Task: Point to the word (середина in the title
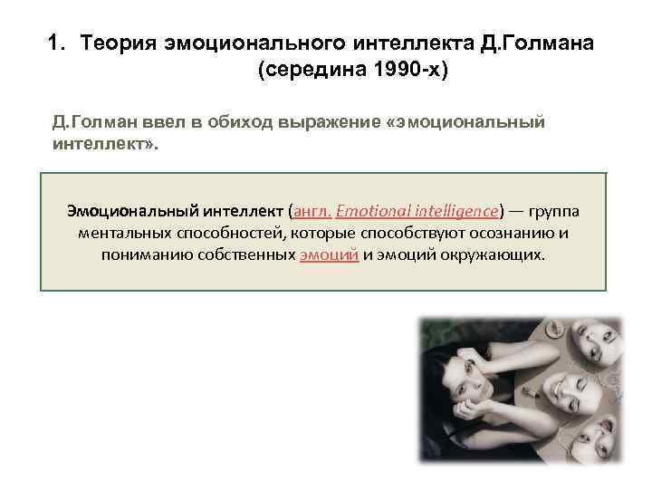[x=303, y=72]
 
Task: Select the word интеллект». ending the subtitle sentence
[x=105, y=144]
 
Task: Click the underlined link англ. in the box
[x=312, y=211]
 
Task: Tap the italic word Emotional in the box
[x=378, y=211]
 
